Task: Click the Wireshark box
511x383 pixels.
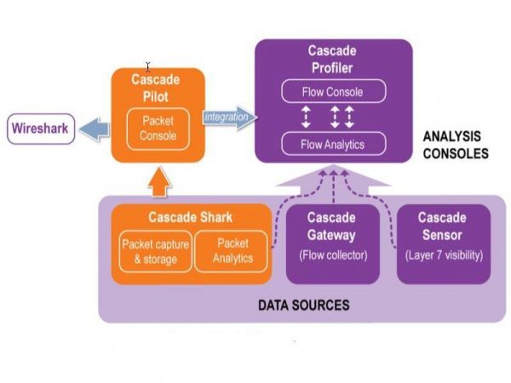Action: [x=40, y=131]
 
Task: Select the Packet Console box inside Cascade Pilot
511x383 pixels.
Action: [x=158, y=127]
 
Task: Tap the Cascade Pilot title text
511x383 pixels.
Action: [x=155, y=88]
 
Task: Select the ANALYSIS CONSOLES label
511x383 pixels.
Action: [x=456, y=145]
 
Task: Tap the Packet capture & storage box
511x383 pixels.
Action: [x=154, y=251]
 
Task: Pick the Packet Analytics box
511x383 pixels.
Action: [x=233, y=251]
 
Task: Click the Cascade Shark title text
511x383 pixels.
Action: [x=191, y=217]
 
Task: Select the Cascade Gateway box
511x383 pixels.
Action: [x=332, y=243]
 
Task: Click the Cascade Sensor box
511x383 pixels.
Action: [x=444, y=243]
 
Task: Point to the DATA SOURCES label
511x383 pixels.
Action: [x=304, y=304]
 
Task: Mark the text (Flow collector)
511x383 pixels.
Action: [x=332, y=255]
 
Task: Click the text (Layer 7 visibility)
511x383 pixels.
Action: [x=444, y=255]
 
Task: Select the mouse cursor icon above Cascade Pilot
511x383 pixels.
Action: [x=148, y=66]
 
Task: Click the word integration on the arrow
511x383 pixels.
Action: [x=227, y=117]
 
